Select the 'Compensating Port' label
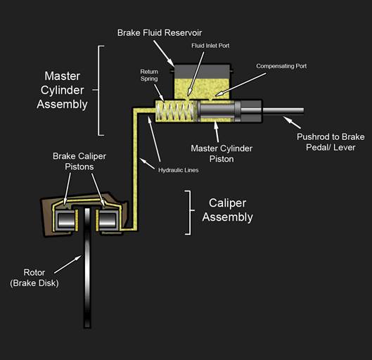281,66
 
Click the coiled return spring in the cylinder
173,112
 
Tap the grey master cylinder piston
219,112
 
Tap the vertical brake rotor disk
87,281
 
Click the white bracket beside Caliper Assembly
188,212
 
